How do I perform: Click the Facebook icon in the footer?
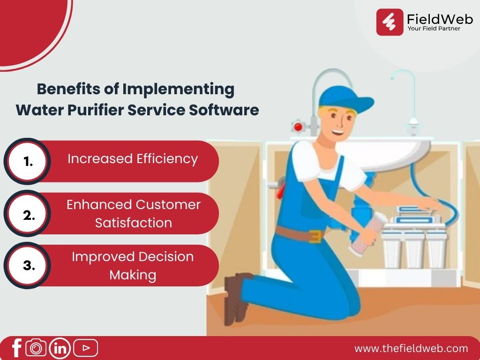(16, 348)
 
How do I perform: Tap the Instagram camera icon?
(36, 348)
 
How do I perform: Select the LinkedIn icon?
(60, 348)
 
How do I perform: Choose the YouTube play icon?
(86, 348)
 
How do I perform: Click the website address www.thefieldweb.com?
(411, 348)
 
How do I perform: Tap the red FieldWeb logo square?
(390, 22)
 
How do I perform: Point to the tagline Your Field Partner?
(434, 29)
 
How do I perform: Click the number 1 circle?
(27, 161)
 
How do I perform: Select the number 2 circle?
(27, 213)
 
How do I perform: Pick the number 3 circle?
(27, 265)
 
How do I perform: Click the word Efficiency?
(167, 159)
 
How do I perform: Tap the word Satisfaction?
(134, 223)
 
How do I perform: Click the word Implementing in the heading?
(179, 90)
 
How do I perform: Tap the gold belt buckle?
(316, 236)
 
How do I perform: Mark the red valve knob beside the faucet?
(298, 127)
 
